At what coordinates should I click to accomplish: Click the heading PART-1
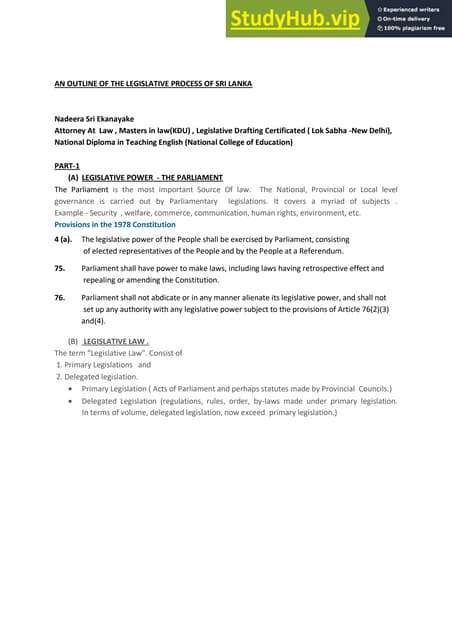[66, 164]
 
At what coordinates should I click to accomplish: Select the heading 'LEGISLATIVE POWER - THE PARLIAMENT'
[150, 176]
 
